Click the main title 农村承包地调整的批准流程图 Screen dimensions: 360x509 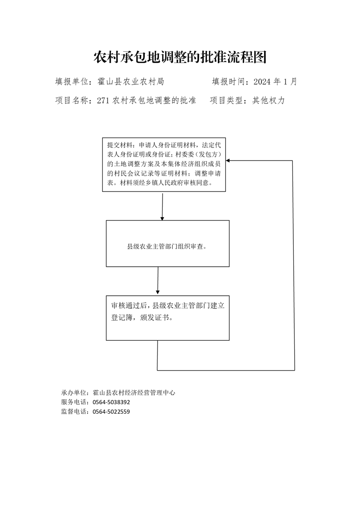tap(180, 57)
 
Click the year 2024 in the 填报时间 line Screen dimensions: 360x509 tap(262, 82)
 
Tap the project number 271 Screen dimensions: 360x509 tap(103, 100)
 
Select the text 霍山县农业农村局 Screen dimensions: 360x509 tap(131, 82)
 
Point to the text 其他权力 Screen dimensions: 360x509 tap(268, 100)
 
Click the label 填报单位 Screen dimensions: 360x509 tap(71, 82)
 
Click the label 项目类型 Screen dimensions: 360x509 tap(226, 100)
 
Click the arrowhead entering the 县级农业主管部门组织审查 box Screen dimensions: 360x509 tap(162, 219)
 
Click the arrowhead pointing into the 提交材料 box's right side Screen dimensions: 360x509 tap(228, 160)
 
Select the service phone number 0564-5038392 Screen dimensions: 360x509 tap(111, 402)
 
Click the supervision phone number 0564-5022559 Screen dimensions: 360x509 tap(111, 411)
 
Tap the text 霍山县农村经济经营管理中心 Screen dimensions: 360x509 tap(134, 393)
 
